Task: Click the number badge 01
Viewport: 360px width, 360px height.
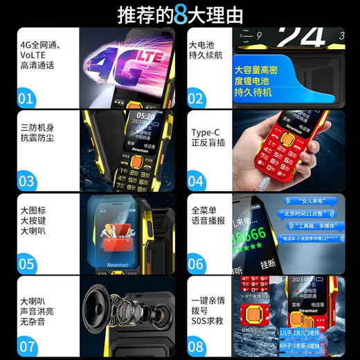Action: pos(26,98)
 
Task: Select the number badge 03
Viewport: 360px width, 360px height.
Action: pos(26,181)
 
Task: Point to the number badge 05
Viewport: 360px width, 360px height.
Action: pos(26,264)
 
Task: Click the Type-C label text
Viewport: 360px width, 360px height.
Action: pos(205,134)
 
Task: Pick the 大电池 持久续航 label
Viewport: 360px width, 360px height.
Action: pos(205,51)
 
